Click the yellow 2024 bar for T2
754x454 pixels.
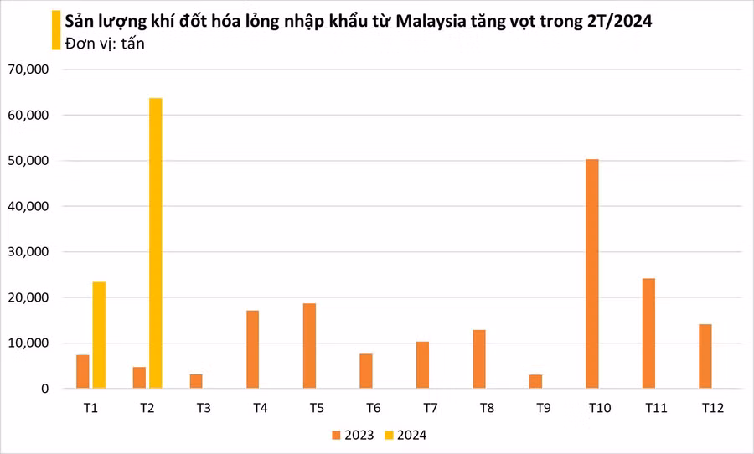(x=156, y=243)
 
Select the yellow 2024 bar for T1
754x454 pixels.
(x=99, y=335)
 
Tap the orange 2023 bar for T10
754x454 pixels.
(x=592, y=274)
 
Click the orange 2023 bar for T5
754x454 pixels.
(x=309, y=346)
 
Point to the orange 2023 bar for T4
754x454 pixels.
(x=253, y=349)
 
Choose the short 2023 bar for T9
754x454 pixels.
(x=535, y=381)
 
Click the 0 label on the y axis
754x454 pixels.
(x=45, y=389)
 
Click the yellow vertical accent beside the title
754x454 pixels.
(x=56, y=32)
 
